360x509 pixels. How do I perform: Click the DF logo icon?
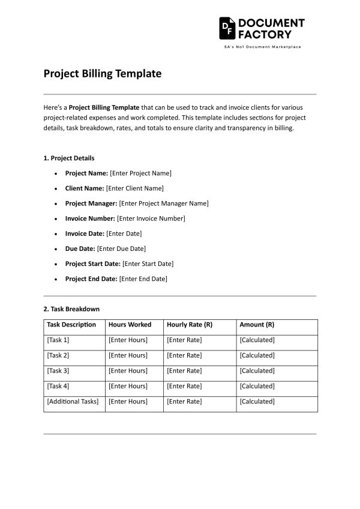[x=227, y=28]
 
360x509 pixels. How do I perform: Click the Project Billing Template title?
[x=103, y=74]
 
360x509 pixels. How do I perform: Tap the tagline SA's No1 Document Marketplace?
[x=262, y=47]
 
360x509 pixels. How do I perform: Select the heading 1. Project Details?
[x=68, y=158]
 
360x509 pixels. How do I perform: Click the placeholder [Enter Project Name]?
[x=140, y=173]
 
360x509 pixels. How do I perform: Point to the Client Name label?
[x=85, y=188]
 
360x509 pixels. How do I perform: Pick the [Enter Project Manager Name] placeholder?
[x=164, y=203]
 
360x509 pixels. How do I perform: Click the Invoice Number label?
[x=90, y=218]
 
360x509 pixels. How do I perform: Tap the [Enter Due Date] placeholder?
[x=121, y=248]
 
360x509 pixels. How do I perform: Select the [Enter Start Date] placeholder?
[x=148, y=264]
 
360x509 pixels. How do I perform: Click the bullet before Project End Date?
[x=56, y=279]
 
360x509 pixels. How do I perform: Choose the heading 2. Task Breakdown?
[x=71, y=309]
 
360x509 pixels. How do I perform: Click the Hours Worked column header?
[x=130, y=325]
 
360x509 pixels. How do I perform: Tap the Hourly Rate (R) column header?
[x=190, y=325]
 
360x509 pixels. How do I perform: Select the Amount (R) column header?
[x=257, y=325]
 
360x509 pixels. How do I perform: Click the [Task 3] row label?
[x=58, y=370]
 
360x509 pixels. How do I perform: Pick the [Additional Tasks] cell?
[x=73, y=402]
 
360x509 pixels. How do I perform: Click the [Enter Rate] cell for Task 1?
[x=184, y=340]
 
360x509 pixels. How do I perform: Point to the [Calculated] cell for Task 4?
[x=257, y=386]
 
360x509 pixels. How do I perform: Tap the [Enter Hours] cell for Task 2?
[x=128, y=355]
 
